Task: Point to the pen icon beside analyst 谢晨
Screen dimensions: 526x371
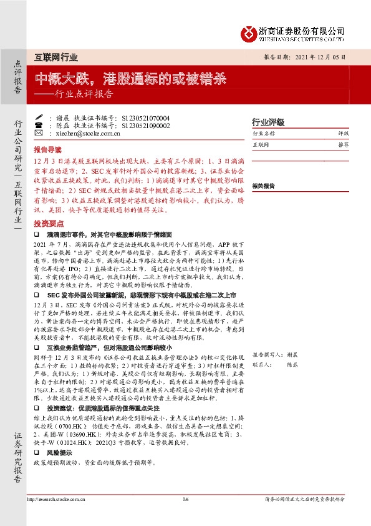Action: click(39, 117)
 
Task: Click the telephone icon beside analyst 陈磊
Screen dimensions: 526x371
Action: click(39, 125)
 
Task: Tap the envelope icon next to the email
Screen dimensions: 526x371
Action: click(39, 133)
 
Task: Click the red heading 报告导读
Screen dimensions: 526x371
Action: click(48, 150)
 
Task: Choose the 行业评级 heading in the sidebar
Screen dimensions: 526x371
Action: click(267, 121)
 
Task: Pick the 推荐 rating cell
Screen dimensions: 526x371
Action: click(343, 144)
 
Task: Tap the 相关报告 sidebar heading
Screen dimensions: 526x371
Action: click(264, 186)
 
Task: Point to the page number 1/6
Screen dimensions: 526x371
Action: click(185, 499)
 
